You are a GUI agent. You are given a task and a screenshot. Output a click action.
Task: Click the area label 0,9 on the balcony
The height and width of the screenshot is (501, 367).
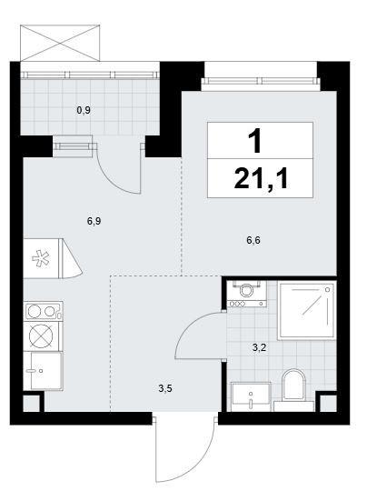(84, 111)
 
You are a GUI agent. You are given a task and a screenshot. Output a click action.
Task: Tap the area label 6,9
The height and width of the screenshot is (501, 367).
(94, 221)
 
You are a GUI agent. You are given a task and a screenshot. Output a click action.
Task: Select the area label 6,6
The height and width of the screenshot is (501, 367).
(253, 240)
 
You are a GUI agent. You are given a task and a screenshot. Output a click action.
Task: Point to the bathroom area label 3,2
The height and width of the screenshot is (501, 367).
(259, 347)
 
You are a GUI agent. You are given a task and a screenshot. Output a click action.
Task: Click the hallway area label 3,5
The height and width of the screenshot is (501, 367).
(165, 388)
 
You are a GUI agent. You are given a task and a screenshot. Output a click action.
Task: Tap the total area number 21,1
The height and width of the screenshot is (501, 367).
(261, 179)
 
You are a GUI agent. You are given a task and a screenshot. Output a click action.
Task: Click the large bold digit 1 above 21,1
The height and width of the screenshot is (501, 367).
(255, 141)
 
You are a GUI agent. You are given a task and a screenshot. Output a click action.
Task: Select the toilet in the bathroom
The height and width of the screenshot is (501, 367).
(294, 389)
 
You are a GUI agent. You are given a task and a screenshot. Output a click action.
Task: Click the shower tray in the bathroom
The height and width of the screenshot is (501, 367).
(307, 310)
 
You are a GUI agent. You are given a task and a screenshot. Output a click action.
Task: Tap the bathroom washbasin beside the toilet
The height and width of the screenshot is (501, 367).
(251, 396)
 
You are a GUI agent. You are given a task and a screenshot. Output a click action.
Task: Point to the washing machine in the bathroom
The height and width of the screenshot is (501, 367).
(246, 294)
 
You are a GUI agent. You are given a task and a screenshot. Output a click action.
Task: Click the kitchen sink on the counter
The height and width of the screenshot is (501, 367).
(43, 371)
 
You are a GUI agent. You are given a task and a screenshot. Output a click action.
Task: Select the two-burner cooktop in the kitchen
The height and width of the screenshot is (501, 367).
(43, 311)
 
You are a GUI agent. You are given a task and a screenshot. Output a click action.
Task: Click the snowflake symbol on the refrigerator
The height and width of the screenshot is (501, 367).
(41, 258)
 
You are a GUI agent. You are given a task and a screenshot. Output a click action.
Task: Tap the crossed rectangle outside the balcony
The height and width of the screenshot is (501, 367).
(60, 43)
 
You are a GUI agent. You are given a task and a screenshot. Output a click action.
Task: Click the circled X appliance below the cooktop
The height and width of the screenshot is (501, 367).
(41, 336)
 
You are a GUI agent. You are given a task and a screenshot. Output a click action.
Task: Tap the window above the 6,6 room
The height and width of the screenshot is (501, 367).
(261, 81)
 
